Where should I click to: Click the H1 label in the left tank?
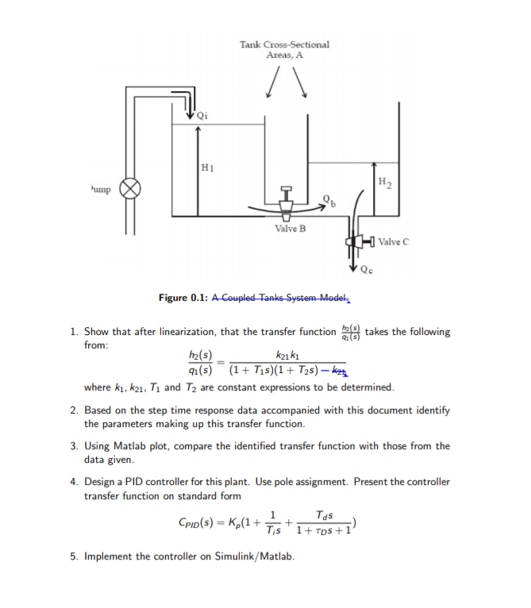tap(207, 167)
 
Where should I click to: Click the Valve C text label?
tap(394, 241)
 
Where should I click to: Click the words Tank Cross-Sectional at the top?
tap(284, 44)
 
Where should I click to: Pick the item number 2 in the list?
tap(73, 410)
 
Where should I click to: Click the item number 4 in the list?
tap(73, 482)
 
